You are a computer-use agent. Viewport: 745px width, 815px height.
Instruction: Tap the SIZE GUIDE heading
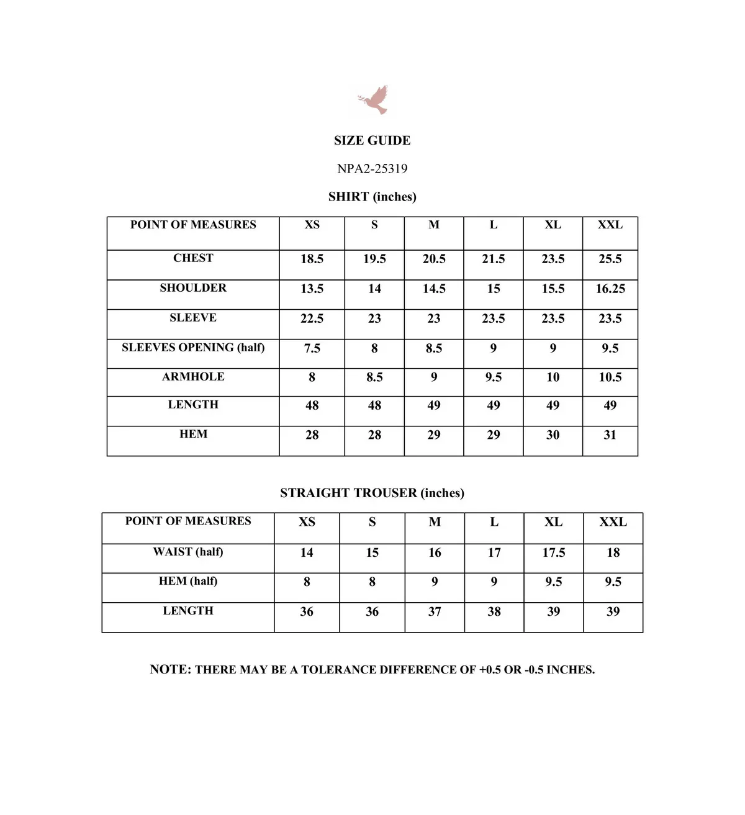coord(372,140)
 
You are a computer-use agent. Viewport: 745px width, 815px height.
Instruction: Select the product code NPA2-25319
coord(372,168)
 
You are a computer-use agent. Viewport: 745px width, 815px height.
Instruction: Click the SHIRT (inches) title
coord(372,197)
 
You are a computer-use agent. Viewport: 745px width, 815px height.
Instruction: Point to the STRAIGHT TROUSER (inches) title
coord(372,493)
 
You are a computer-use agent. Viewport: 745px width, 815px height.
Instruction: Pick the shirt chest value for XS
coord(312,259)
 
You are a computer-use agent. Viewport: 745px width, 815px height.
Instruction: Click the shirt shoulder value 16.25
coord(610,289)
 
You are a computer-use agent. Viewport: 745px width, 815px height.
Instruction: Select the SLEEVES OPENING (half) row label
coord(193,348)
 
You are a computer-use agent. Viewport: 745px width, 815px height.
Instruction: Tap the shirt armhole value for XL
coord(553,377)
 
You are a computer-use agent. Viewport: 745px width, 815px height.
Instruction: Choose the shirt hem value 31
coord(610,435)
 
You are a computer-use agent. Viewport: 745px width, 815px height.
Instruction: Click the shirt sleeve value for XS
coord(312,318)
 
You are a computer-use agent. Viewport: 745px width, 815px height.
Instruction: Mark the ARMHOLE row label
coord(193,377)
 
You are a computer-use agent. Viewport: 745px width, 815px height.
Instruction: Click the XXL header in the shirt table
coord(610,225)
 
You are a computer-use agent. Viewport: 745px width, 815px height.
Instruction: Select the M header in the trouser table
coord(435,522)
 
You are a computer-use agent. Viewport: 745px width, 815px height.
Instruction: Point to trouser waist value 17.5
coord(553,552)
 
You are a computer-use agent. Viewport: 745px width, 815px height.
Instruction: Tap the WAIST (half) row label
coord(188,552)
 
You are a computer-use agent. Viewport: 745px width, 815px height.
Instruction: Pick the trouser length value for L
coord(494,611)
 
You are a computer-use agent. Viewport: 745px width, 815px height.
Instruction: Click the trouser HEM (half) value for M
coord(435,582)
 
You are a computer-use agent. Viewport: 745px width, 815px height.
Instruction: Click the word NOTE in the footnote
coord(169,669)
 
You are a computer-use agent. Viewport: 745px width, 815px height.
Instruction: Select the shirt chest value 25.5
coord(610,259)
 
